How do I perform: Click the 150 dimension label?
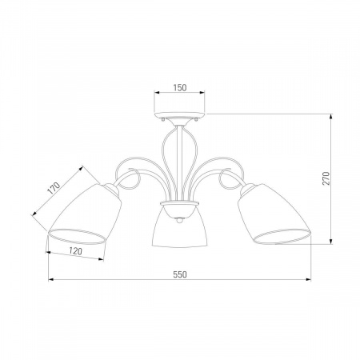[180, 87]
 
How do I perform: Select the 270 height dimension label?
[326, 178]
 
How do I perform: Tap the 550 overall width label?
[180, 274]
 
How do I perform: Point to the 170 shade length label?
[54, 189]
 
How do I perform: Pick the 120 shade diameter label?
[75, 251]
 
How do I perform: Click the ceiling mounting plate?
[179, 115]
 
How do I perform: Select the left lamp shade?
[85, 214]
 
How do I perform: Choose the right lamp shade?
[274, 214]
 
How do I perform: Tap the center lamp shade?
[179, 226]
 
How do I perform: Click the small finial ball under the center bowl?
[180, 220]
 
